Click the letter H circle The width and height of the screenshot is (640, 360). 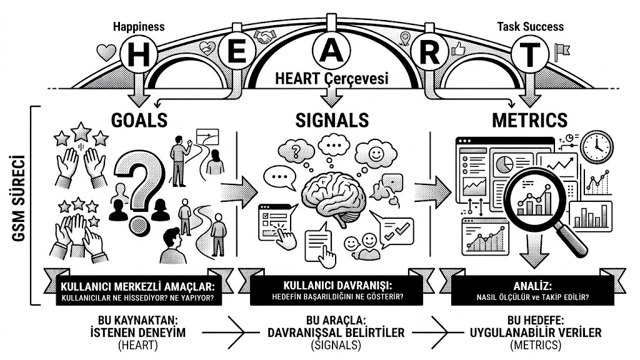(x=139, y=54)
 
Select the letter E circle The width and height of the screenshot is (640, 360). (x=237, y=52)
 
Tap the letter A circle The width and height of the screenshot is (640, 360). (x=331, y=49)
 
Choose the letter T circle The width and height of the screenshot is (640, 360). (x=530, y=54)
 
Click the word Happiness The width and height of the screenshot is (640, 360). (x=139, y=27)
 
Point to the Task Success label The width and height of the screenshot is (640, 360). (x=530, y=27)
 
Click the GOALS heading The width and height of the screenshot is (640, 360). (x=139, y=120)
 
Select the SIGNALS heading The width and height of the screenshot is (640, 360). (x=332, y=120)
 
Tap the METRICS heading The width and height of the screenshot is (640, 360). (x=530, y=120)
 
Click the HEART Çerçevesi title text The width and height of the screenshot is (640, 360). (x=331, y=78)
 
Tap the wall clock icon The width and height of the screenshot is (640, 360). (x=597, y=147)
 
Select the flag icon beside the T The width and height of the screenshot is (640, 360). (x=562, y=52)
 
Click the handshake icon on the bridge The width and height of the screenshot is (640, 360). (x=264, y=37)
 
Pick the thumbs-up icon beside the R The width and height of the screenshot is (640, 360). (x=458, y=49)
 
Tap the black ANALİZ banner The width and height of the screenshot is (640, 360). (x=532, y=291)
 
